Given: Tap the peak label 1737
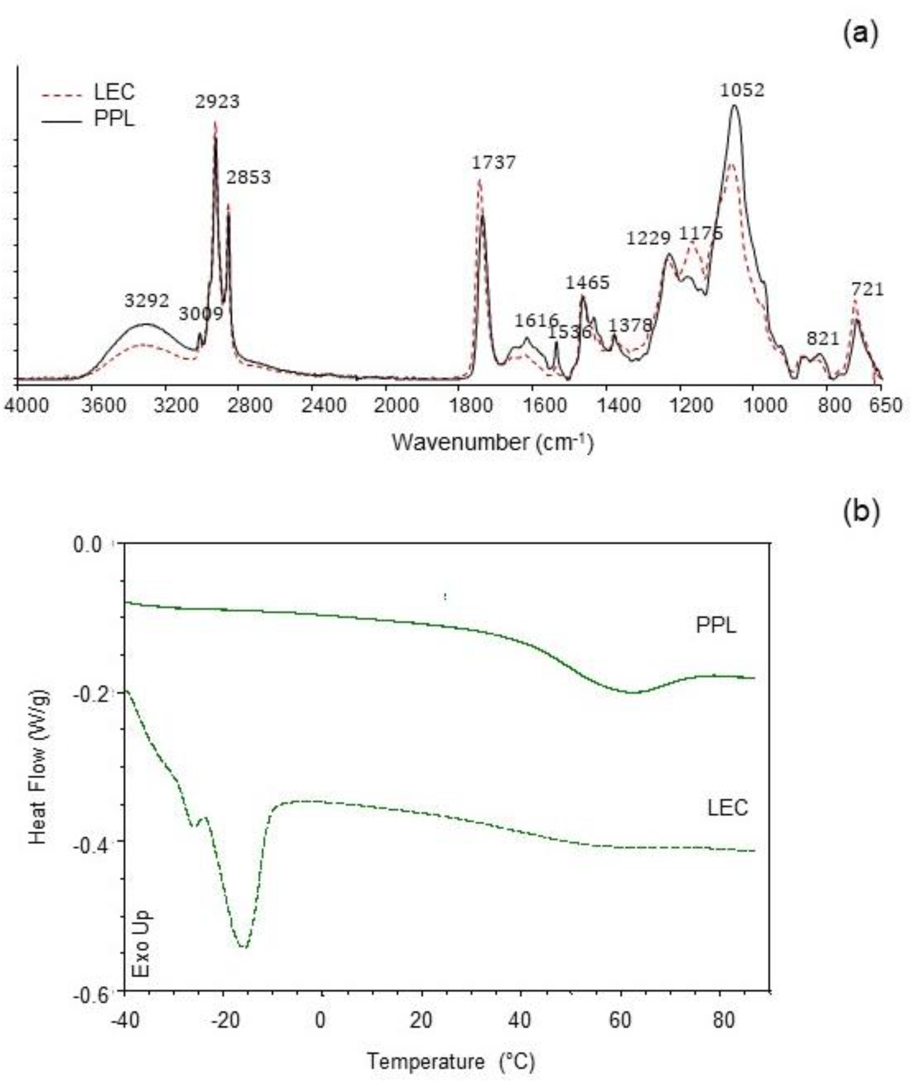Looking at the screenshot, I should point(493,163).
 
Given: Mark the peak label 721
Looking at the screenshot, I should point(867,290).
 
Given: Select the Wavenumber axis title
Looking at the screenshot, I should point(492,443).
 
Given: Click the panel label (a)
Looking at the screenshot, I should point(860,33).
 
